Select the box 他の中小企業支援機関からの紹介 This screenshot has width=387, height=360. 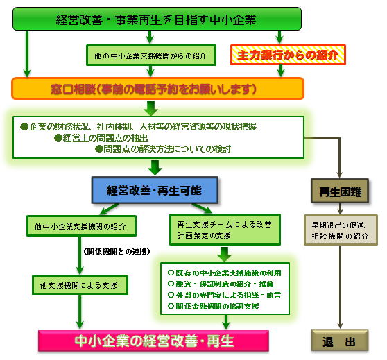tap(151, 53)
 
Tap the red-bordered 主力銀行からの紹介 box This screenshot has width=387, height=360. tap(287, 54)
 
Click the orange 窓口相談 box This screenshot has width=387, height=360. tap(158, 88)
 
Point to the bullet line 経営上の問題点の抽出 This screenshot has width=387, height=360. tap(102, 138)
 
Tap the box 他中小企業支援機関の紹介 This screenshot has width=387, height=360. tap(80, 226)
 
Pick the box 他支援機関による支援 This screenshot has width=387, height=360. tap(80, 284)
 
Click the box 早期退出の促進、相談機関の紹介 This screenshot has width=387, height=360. tap(339, 231)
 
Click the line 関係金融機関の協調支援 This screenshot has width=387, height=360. tap(213, 306)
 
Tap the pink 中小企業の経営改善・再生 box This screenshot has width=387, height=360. tap(153, 341)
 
